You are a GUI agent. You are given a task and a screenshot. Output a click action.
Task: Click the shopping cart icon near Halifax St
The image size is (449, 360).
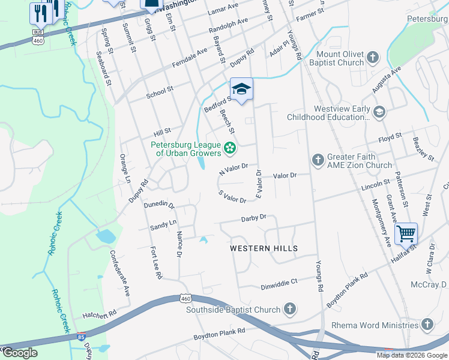pos(406,233)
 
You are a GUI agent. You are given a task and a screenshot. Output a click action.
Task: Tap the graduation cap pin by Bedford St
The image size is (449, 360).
pos(241,89)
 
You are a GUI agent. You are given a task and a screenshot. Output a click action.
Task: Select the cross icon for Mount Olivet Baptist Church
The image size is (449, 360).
pos(373,58)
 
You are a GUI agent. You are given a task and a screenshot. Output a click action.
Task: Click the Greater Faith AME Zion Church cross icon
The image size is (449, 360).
pos(318,160)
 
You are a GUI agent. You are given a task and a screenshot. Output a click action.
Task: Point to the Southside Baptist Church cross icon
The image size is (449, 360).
pos(289,310)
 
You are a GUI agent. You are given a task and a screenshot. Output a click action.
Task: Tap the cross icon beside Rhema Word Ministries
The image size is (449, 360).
pos(427,325)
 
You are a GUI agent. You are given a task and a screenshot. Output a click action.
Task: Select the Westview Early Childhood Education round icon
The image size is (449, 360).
pos(379,112)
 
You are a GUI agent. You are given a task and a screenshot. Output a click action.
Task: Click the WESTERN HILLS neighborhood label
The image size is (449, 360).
pos(264,248)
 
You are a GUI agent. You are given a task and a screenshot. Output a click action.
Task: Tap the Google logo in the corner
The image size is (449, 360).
pos(19,353)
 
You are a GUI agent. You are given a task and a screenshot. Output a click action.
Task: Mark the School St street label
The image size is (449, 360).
pos(160,92)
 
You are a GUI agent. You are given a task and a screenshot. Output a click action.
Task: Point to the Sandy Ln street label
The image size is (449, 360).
pos(163,224)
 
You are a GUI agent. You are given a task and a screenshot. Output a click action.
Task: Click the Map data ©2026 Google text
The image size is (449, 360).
pos(411,355)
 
